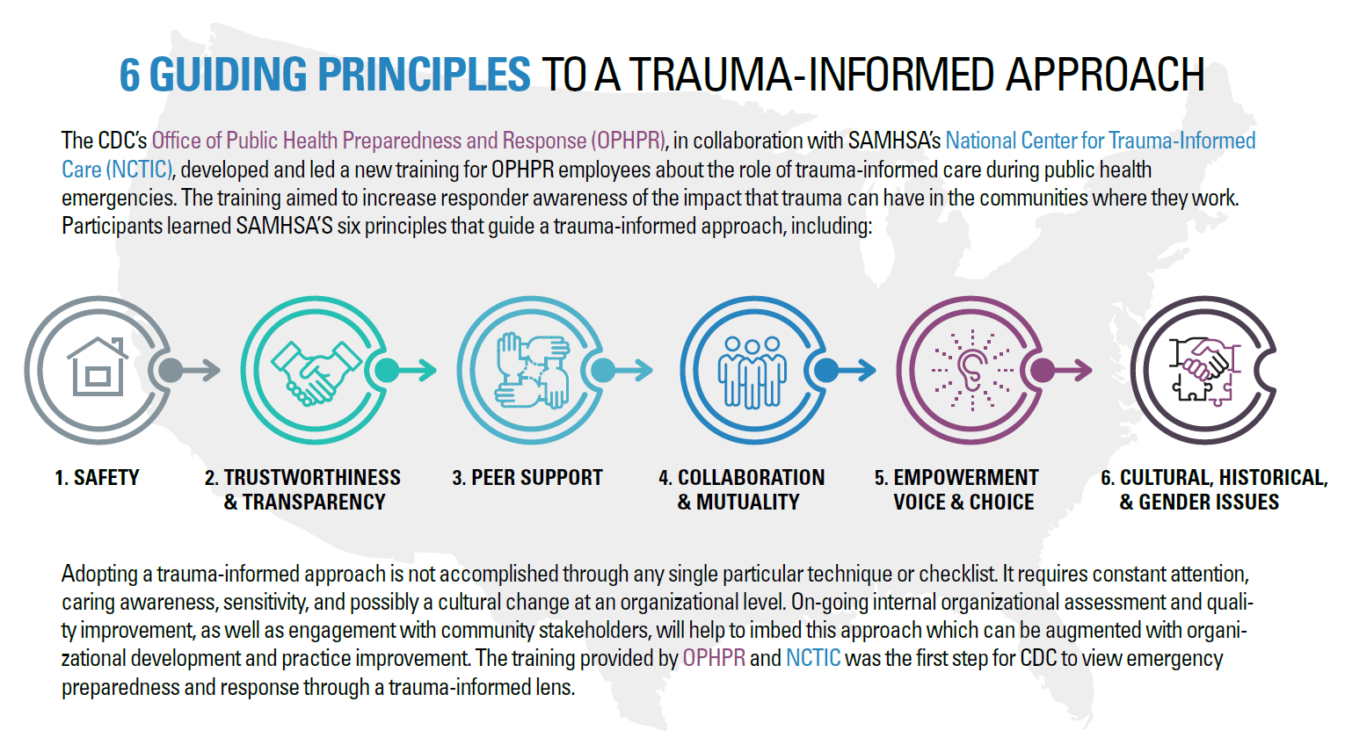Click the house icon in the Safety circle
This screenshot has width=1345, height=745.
(x=97, y=368)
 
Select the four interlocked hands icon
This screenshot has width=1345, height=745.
(x=531, y=370)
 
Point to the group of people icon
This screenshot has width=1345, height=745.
(x=752, y=371)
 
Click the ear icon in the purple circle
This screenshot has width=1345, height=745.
(x=971, y=370)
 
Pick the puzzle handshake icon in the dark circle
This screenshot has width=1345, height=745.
(x=1203, y=370)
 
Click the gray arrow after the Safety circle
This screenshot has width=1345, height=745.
(x=189, y=370)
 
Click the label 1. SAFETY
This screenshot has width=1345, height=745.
(x=97, y=478)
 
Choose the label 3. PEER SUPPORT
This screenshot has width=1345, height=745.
(x=527, y=478)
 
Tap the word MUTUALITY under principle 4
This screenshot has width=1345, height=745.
(x=748, y=503)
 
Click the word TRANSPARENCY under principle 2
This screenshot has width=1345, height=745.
(x=314, y=503)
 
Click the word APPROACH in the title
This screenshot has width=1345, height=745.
(x=1105, y=75)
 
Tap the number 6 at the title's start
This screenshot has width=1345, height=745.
(x=129, y=75)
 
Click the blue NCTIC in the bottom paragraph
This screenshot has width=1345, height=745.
(x=813, y=658)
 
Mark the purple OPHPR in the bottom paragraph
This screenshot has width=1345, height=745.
(x=714, y=658)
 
